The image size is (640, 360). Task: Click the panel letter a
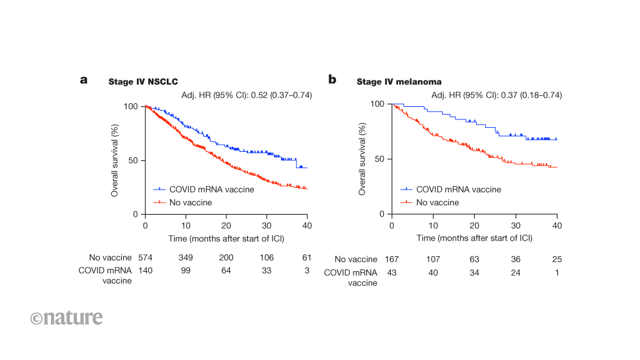pyautogui.click(x=84, y=80)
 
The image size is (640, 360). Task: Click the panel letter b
pyautogui.click(x=332, y=79)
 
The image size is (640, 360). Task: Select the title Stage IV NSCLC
pyautogui.click(x=143, y=82)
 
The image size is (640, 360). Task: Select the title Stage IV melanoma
pyautogui.click(x=399, y=82)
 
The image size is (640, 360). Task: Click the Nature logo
pyautogui.click(x=67, y=317)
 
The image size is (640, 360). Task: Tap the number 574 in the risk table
pyautogui.click(x=145, y=257)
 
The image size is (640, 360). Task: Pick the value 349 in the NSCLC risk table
pyautogui.click(x=186, y=257)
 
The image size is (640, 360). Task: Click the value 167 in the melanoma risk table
pyautogui.click(x=391, y=259)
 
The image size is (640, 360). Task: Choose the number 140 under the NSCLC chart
pyautogui.click(x=145, y=271)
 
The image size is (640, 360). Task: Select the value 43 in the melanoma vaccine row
pyautogui.click(x=391, y=272)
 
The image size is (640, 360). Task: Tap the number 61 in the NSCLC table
pyautogui.click(x=307, y=257)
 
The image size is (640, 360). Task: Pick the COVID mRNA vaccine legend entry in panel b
pyautogui.click(x=458, y=189)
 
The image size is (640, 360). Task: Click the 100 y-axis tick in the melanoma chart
pyautogui.click(x=377, y=104)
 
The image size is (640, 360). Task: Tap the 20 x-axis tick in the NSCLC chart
pyautogui.click(x=226, y=226)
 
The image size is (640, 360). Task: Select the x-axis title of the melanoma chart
pyautogui.click(x=474, y=238)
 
